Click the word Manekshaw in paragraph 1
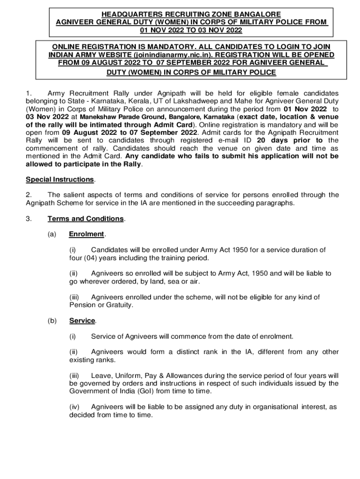pos(96,116)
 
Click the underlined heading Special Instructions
pos(60,180)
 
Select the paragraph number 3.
pos(28,219)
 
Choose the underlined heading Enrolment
pos(86,234)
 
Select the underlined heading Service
pos(82,321)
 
